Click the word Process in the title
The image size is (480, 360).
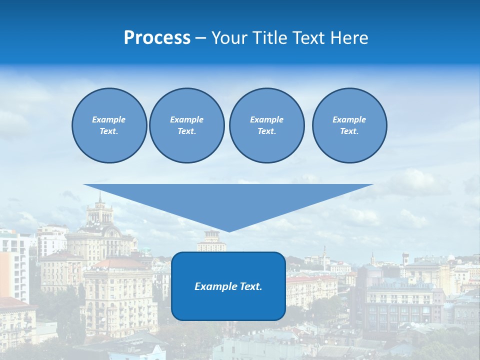[157, 38]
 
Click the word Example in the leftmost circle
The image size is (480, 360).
[109, 119]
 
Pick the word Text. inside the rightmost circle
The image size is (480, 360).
[349, 131]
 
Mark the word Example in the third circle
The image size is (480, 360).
[266, 119]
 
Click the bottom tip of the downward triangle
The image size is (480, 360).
[228, 230]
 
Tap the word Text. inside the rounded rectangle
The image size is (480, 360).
[251, 286]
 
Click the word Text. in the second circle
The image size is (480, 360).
[186, 131]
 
